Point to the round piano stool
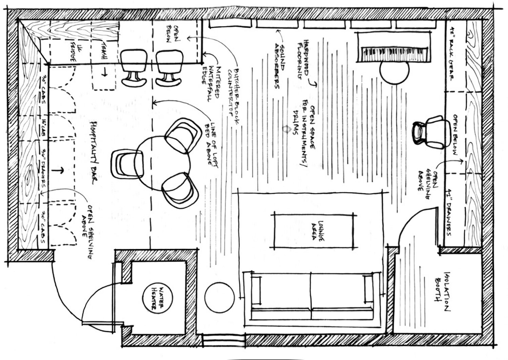click(395, 72)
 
